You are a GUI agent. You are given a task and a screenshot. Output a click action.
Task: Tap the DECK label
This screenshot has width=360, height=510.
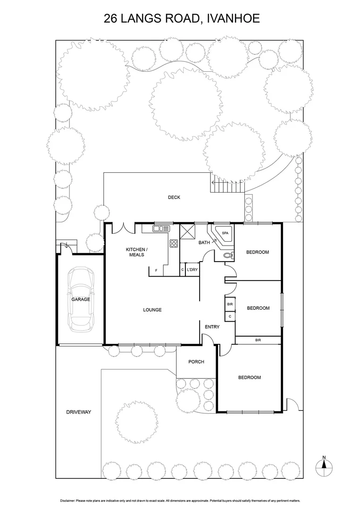click(174, 197)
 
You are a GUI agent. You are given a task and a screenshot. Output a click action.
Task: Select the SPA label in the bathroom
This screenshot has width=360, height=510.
click(225, 233)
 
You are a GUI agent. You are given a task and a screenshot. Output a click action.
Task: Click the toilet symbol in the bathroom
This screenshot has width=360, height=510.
click(228, 255)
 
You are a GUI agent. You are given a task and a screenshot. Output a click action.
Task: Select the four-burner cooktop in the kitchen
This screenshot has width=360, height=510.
click(174, 244)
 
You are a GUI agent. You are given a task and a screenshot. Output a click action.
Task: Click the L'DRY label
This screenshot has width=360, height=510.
click(192, 270)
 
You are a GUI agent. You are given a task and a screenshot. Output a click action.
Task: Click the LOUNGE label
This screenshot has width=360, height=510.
click(152, 310)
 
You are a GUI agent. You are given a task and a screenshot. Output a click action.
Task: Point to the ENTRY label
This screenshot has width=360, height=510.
click(212, 327)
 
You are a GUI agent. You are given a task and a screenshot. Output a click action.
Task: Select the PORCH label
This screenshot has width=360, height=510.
click(196, 362)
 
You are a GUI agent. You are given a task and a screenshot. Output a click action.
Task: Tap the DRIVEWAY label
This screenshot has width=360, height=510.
click(78, 412)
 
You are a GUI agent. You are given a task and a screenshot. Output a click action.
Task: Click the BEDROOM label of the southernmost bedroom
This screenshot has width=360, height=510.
click(249, 377)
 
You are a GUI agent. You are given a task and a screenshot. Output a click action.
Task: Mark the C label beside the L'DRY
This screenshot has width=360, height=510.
click(182, 270)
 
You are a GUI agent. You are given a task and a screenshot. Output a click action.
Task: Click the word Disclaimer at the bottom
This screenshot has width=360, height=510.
click(68, 500)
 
